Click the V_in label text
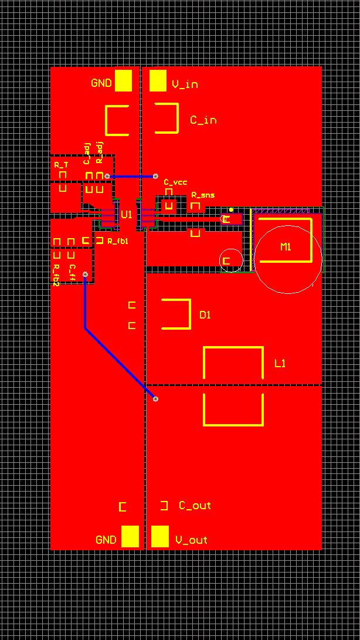click(x=185, y=84)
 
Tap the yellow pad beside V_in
click(x=158, y=81)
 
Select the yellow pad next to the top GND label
click(x=123, y=81)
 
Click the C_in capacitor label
click(x=203, y=120)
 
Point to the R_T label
click(x=61, y=165)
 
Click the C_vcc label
click(x=175, y=182)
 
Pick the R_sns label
click(x=203, y=195)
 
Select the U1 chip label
click(x=126, y=215)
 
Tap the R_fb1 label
click(x=117, y=241)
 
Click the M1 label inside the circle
click(x=286, y=246)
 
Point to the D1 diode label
click(x=205, y=315)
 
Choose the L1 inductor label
click(x=280, y=364)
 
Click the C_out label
click(x=195, y=505)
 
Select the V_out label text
click(x=191, y=540)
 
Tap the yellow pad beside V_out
click(x=160, y=536)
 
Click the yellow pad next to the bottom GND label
click(x=130, y=536)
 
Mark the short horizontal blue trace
click(x=131, y=176)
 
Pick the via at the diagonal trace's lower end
click(x=155, y=399)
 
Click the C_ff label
click(x=73, y=272)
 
